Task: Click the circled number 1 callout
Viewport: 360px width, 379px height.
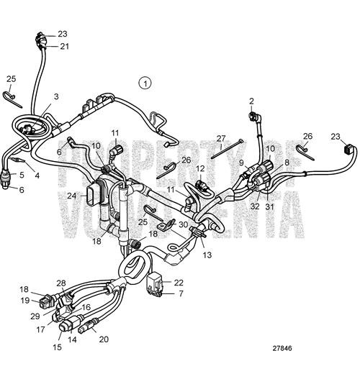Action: tap(146, 83)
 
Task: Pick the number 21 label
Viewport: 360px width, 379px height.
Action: tap(63, 46)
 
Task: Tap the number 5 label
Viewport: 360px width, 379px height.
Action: tap(22, 175)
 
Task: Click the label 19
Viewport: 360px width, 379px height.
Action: tap(25, 301)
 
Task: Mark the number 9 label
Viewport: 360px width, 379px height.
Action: tap(243, 162)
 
